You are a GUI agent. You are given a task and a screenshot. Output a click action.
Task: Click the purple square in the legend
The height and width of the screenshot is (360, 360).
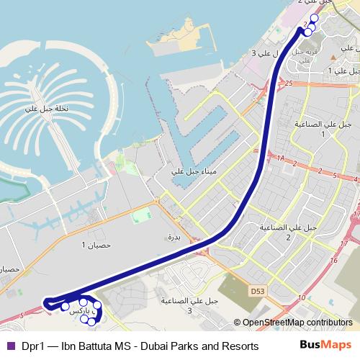[x=10, y=346]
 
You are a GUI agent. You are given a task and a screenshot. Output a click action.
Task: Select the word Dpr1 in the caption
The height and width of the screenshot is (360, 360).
[x=32, y=346]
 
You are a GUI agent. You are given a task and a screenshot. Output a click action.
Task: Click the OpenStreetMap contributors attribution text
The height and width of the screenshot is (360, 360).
[x=297, y=323]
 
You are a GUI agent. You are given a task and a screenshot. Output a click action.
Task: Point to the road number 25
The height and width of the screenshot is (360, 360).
[x=289, y=84]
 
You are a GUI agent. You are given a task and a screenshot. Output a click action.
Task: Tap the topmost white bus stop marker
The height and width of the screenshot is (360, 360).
[x=314, y=18]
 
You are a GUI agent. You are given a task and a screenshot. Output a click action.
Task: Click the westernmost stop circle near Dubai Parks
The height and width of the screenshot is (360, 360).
[x=66, y=307]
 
